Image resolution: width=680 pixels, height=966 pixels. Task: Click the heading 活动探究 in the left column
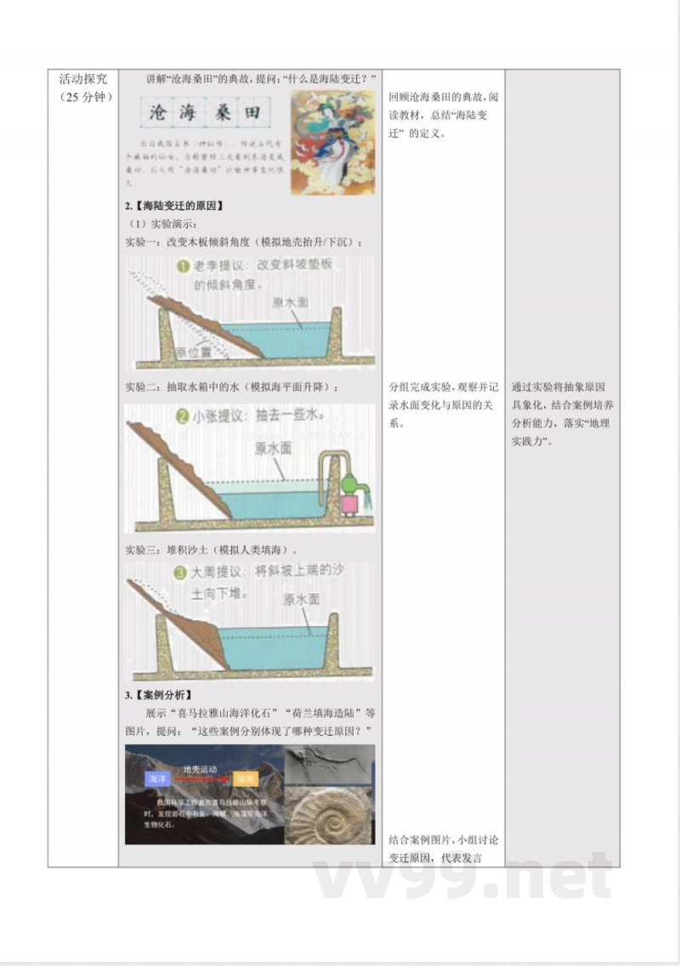pyautogui.click(x=82, y=79)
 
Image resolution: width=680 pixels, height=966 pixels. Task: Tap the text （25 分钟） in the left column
pyautogui.click(x=82, y=96)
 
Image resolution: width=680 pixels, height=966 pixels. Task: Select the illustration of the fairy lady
pyautogui.click(x=332, y=132)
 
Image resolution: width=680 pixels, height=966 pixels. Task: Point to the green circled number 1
pyautogui.click(x=184, y=267)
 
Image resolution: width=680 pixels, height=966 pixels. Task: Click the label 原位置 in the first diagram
pyautogui.click(x=194, y=351)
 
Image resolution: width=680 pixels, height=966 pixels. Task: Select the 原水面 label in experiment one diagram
pyautogui.click(x=291, y=302)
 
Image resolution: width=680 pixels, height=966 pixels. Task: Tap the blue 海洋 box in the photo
pyautogui.click(x=156, y=777)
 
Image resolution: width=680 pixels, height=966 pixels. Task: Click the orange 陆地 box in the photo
pyautogui.click(x=246, y=777)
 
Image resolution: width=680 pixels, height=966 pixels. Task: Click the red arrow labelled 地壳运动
pyautogui.click(x=201, y=777)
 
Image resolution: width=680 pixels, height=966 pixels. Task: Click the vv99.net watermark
pyautogui.click(x=463, y=875)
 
